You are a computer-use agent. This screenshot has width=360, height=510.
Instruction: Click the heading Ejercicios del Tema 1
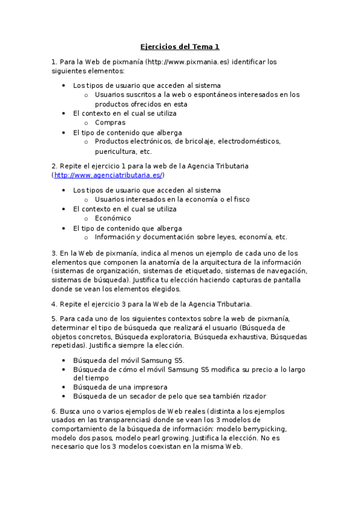click(180, 46)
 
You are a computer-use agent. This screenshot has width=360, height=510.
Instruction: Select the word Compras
click(110, 123)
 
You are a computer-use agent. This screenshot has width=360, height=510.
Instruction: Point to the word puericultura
click(115, 152)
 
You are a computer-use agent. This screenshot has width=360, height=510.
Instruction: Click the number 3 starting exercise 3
click(53, 253)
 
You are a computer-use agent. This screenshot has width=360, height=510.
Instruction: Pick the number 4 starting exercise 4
click(53, 304)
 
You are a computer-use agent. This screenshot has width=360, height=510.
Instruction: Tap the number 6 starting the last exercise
click(53, 411)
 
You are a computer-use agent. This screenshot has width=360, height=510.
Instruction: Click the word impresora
click(150, 387)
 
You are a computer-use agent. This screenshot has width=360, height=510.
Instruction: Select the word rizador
click(253, 396)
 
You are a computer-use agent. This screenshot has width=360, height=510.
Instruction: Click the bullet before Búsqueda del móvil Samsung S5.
click(64, 360)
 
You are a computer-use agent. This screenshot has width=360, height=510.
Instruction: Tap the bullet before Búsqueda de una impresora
click(64, 387)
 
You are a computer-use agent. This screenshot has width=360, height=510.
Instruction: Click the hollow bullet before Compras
click(86, 123)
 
